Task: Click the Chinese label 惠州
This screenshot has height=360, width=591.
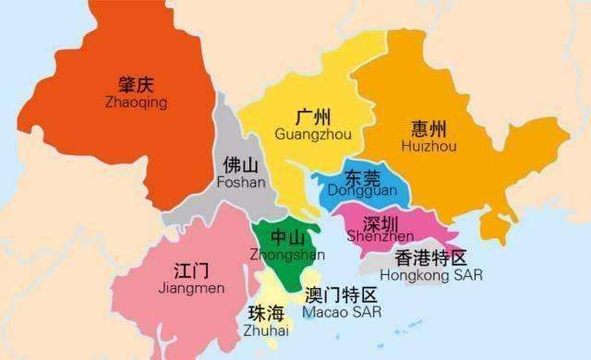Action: [x=431, y=129]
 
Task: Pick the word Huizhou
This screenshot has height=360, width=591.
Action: [x=431, y=146]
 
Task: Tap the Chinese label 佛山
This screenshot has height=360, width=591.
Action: [x=241, y=166]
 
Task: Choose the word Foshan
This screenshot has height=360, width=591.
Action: [x=241, y=183]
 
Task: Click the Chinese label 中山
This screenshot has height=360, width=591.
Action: [x=282, y=237]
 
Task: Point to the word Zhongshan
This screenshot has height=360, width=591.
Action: [x=285, y=253]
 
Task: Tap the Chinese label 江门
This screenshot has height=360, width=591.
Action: [x=191, y=270]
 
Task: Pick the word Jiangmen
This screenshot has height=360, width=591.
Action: [x=191, y=288]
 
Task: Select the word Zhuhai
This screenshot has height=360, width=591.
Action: [x=267, y=330]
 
